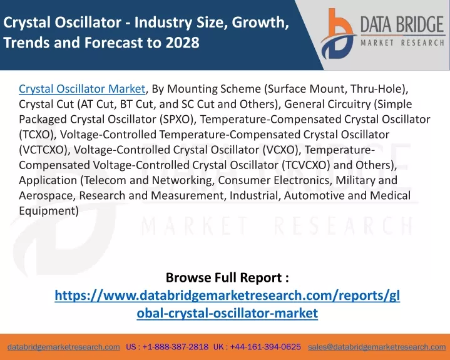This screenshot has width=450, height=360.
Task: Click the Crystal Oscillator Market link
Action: point(82,89)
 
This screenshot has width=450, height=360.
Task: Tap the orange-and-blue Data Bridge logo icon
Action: point(338,34)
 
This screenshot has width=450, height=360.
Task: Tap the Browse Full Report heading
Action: point(227,277)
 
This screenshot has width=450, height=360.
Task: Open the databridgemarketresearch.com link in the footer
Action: point(64,347)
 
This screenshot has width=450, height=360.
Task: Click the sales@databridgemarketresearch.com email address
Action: point(377,347)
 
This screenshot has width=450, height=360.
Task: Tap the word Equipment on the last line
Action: point(47,211)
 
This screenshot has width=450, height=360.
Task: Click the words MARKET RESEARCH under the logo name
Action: point(402,43)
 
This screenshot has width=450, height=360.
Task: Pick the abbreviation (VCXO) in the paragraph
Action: point(280,150)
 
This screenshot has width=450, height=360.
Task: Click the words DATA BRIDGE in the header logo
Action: point(402,24)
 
